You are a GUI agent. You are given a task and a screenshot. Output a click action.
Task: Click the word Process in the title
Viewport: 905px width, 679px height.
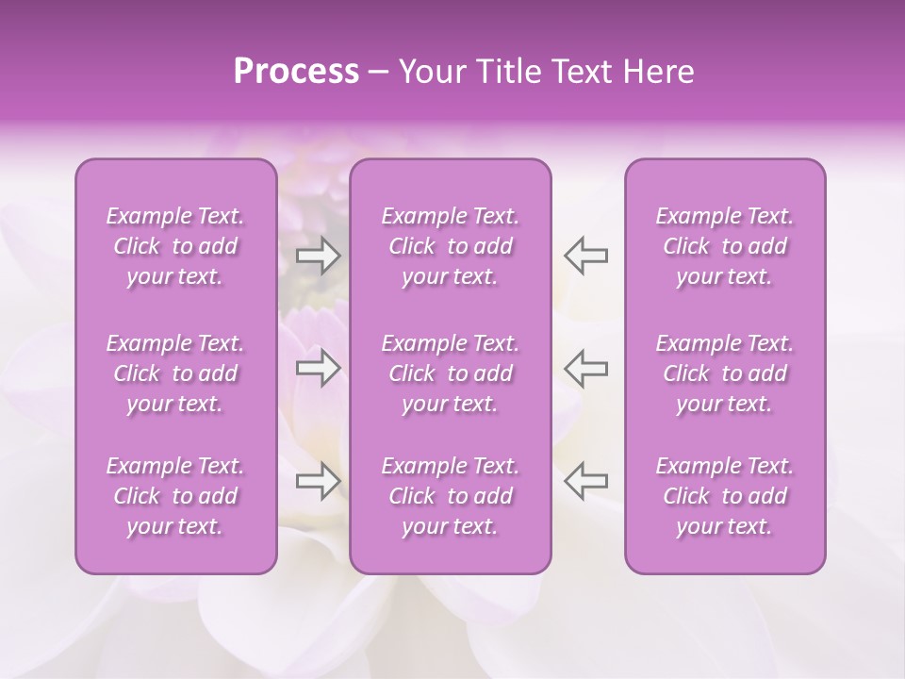[x=296, y=72]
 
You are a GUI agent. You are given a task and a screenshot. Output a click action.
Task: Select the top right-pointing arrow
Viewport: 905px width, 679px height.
[x=319, y=256]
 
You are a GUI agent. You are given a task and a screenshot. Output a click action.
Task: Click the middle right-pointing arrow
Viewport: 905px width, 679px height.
[x=319, y=369]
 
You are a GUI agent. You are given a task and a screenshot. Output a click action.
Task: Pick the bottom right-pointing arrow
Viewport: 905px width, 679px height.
[x=319, y=481]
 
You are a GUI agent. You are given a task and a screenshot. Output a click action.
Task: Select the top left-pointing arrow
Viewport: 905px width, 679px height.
[x=585, y=256]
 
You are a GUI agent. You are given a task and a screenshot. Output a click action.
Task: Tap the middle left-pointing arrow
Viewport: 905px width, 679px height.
[x=585, y=369]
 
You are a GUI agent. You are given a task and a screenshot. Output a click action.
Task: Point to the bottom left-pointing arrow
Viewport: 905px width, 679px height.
[x=585, y=481]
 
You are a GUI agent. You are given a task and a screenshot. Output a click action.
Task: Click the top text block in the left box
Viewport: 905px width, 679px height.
[x=175, y=247]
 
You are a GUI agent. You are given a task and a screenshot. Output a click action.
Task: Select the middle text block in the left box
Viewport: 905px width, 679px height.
[x=175, y=373]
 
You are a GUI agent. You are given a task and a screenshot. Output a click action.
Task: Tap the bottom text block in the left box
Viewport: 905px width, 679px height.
[x=175, y=496]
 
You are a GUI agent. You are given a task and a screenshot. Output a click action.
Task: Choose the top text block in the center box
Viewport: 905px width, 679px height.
[x=451, y=247]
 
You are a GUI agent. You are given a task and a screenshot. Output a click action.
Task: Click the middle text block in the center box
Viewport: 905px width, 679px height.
[x=451, y=373]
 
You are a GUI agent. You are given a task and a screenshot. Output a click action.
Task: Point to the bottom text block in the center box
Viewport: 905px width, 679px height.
[x=451, y=496]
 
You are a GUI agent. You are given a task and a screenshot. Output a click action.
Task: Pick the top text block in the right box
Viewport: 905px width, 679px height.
[x=725, y=247]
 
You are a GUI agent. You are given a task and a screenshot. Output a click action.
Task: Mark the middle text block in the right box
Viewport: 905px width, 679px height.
[x=725, y=373]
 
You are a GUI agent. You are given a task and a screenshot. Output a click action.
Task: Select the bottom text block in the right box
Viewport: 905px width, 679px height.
[x=725, y=496]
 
